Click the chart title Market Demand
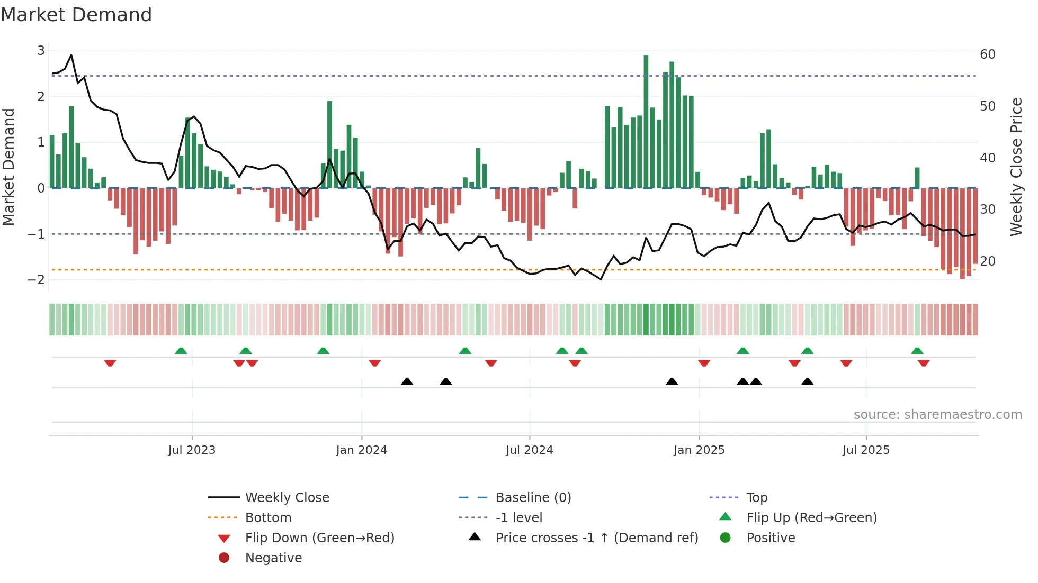[76, 15]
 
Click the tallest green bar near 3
[646, 122]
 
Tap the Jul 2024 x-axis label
[529, 450]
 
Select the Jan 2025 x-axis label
[699, 450]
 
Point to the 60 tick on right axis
[987, 54]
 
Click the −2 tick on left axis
[36, 280]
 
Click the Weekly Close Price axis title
[1016, 167]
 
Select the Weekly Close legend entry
[287, 498]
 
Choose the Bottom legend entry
[268, 518]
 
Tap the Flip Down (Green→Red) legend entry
[319, 538]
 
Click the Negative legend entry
[273, 558]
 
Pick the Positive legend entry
[771, 538]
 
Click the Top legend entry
[757, 498]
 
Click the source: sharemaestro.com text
[937, 415]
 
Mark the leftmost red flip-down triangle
[110, 363]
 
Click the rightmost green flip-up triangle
[917, 351]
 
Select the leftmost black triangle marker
[407, 381]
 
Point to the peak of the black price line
[71, 55]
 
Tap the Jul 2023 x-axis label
[192, 450]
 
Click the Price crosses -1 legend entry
[596, 538]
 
